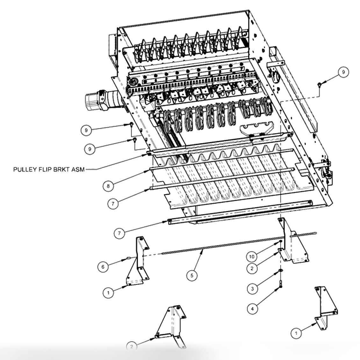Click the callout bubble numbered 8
click(108, 186)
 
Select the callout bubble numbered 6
click(103, 267)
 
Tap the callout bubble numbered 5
click(191, 275)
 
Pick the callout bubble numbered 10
click(252, 256)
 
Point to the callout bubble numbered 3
click(252, 289)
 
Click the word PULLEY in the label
click(23, 169)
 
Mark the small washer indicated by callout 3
click(280, 270)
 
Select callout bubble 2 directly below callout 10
click(252, 268)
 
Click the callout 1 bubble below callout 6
click(108, 292)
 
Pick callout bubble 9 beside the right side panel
click(343, 73)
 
